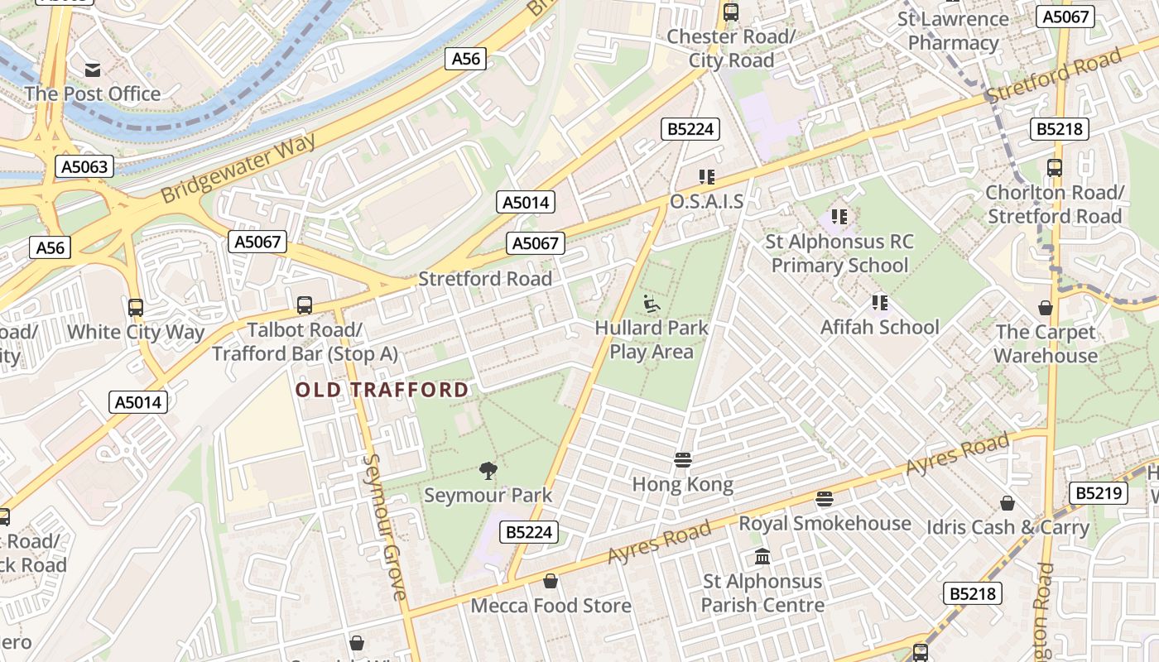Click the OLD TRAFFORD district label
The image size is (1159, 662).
tap(382, 390)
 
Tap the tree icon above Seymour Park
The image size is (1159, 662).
tap(488, 471)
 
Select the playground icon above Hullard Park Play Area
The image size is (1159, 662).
tap(652, 304)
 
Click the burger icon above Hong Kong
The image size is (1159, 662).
tap(683, 459)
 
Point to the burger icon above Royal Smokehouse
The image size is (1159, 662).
tap(824, 498)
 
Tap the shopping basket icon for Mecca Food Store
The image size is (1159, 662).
tap(550, 581)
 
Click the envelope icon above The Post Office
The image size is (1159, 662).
tap(93, 70)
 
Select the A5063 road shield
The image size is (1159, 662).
tap(84, 166)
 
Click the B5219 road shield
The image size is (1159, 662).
tap(1098, 493)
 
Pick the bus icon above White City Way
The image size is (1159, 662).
tap(136, 308)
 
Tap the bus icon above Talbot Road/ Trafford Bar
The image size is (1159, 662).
tap(305, 305)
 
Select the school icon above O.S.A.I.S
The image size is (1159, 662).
tap(706, 176)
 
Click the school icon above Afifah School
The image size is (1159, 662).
tap(879, 303)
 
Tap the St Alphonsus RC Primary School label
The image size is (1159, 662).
tap(839, 253)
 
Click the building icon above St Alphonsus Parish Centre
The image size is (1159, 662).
tap(762, 556)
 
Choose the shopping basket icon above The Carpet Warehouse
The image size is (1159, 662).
tap(1046, 308)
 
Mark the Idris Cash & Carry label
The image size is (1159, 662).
tap(1008, 527)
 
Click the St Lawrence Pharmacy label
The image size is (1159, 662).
tap(953, 31)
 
